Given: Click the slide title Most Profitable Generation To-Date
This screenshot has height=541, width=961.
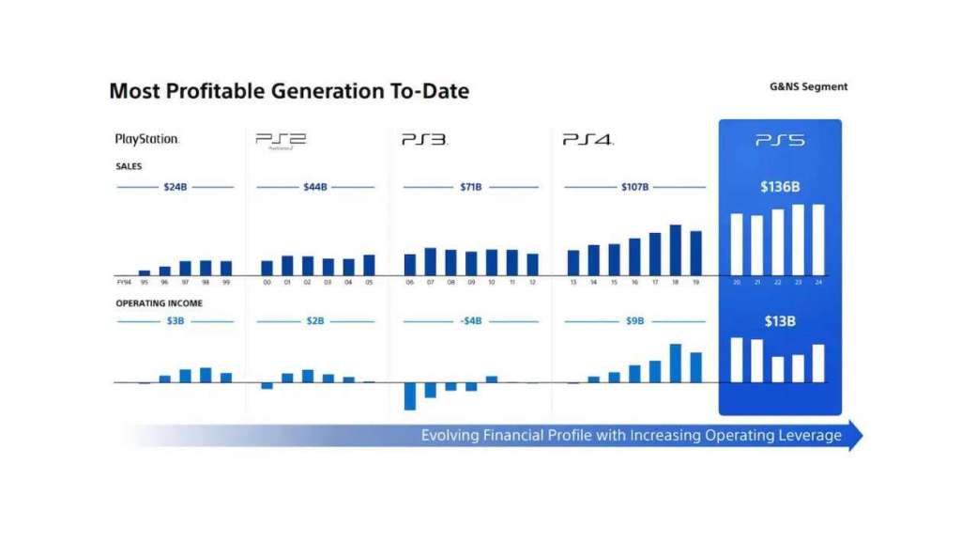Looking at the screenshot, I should [289, 91].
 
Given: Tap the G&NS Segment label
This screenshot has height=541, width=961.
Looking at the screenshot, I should [808, 86].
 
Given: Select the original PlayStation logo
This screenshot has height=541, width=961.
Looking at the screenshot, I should [146, 139].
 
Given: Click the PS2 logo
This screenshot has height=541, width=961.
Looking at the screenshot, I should [281, 140].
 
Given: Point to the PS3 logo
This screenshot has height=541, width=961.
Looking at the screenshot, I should [424, 140].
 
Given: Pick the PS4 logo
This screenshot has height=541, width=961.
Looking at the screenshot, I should [587, 140].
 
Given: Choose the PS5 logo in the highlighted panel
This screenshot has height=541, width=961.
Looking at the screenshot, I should [780, 140].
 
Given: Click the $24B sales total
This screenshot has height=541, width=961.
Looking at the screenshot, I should [175, 187].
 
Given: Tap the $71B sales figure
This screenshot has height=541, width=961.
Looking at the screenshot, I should [470, 187].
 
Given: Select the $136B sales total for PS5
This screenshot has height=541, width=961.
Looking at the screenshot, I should [780, 187].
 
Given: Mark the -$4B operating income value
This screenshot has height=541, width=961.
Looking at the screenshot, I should [470, 321].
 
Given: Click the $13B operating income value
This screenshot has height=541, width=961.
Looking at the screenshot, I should [780, 321].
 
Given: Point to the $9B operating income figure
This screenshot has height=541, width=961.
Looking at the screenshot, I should [635, 321].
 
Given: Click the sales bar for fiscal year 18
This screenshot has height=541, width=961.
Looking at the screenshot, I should [675, 250].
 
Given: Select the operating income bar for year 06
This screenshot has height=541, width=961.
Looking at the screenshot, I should [410, 395].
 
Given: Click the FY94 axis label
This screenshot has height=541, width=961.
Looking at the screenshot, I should [124, 282].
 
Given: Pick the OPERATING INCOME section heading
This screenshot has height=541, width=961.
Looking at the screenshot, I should [159, 303].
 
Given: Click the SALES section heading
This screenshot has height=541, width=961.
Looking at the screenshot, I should [129, 166].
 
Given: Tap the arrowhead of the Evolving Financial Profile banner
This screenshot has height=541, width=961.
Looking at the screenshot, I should [853, 436].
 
